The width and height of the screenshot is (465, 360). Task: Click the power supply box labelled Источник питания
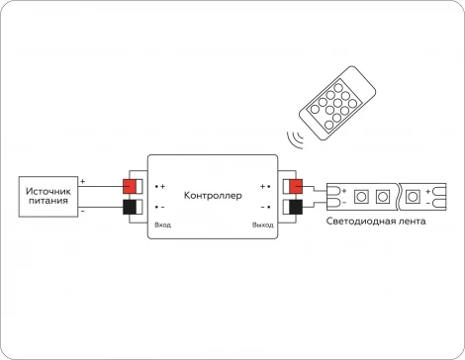[x=48, y=196]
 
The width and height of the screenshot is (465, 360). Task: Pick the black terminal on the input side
[x=130, y=208]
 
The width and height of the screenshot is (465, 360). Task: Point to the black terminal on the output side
[x=293, y=208]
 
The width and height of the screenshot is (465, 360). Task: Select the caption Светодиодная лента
[x=376, y=222]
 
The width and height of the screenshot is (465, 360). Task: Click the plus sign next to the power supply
[x=83, y=181]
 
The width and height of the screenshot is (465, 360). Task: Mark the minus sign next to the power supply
[x=83, y=210]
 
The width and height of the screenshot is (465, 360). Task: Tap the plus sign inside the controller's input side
[x=163, y=186]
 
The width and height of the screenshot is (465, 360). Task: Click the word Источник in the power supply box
[x=48, y=189]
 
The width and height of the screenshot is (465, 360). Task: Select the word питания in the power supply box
[x=48, y=201]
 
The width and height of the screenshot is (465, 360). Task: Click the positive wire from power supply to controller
[x=99, y=187]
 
